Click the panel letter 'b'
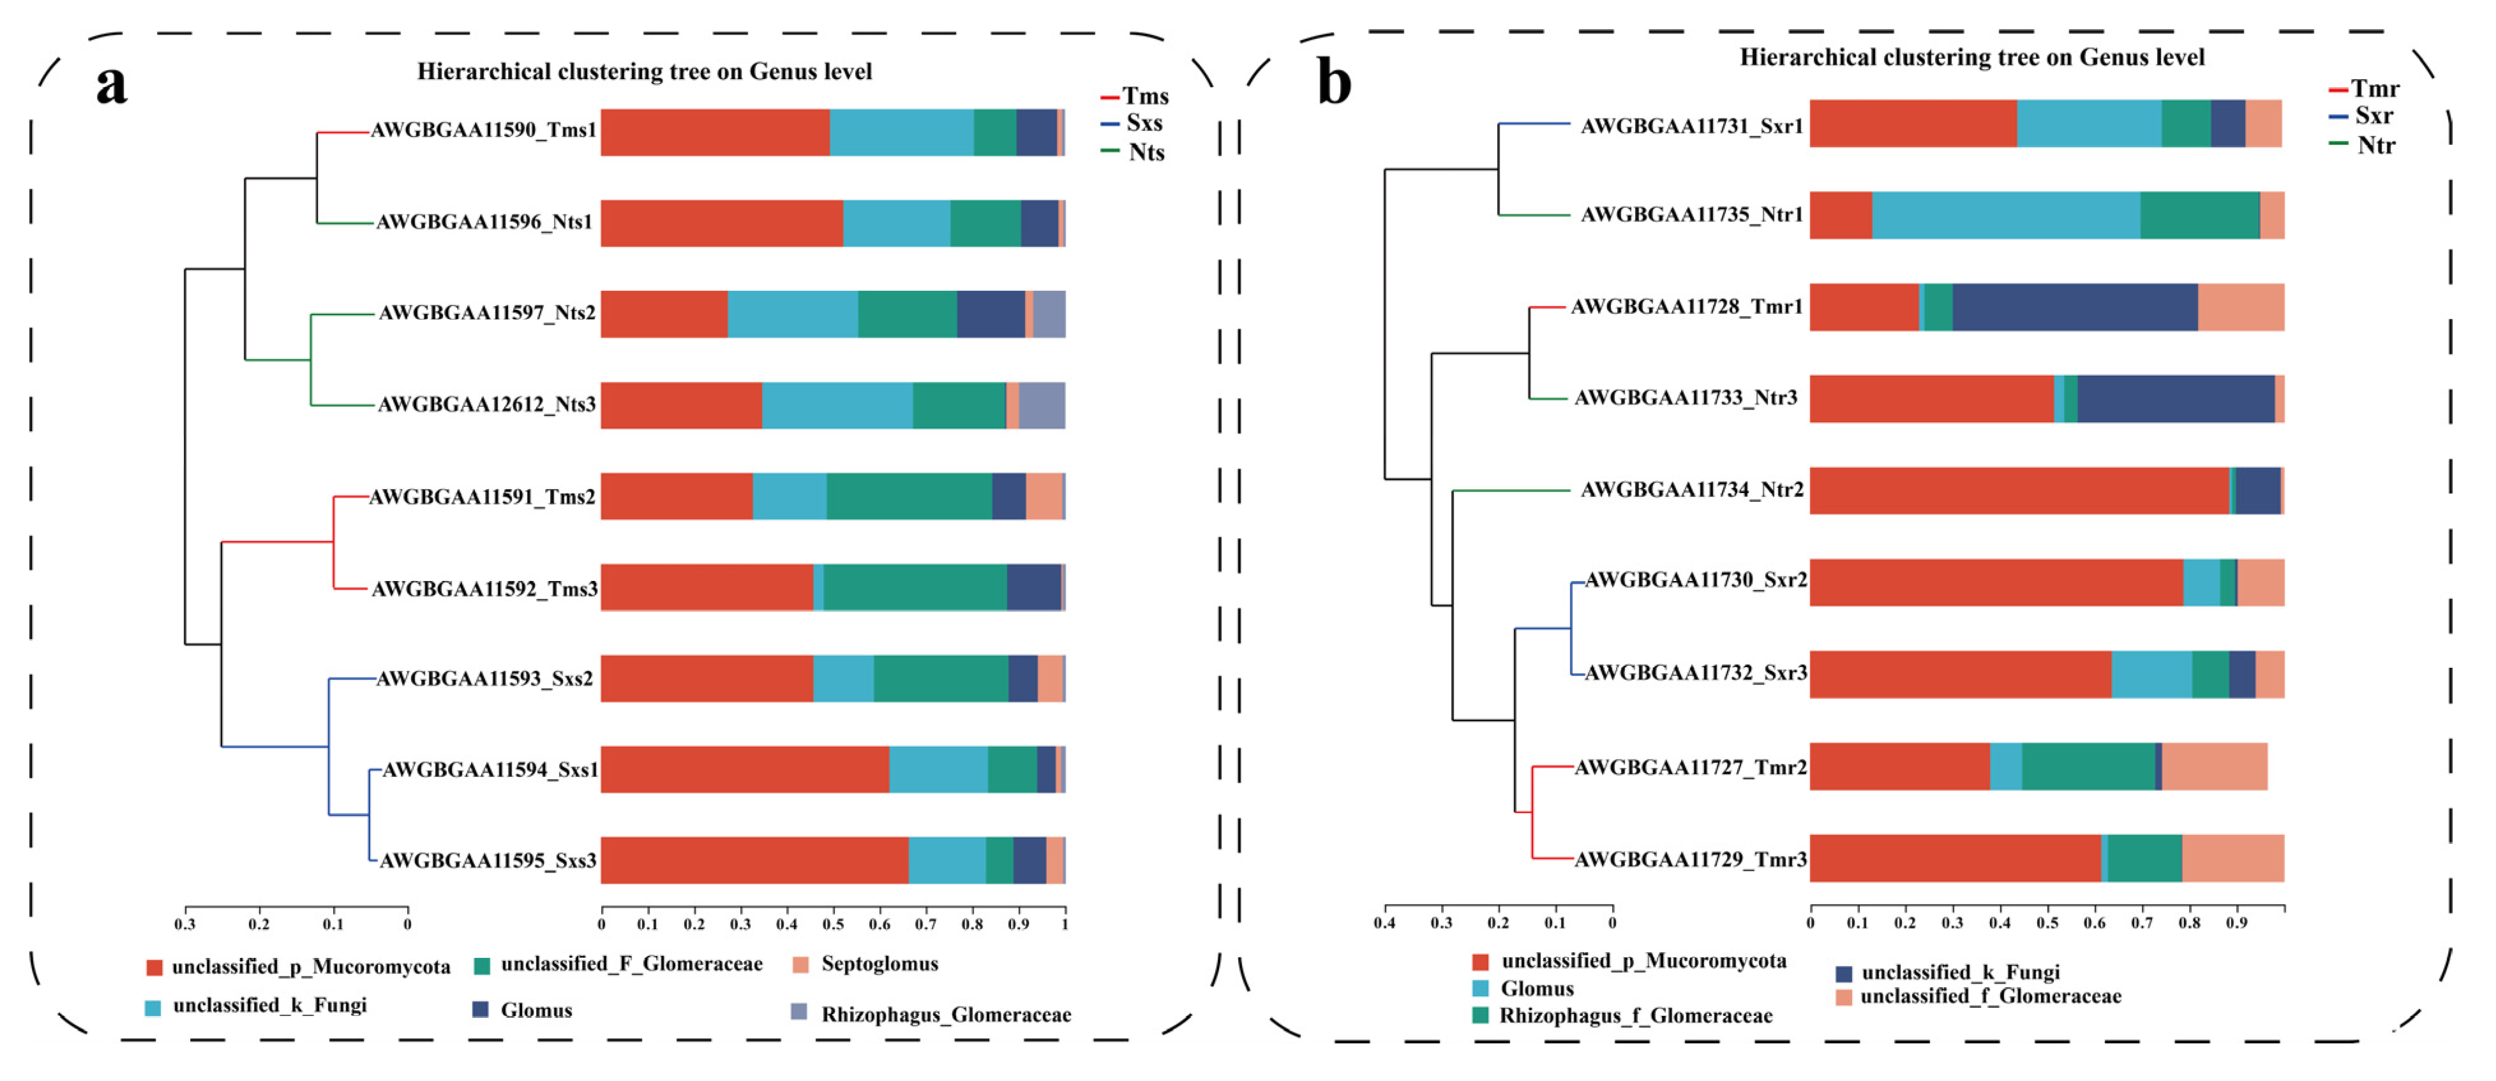[x=1334, y=84]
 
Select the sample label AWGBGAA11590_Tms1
[x=484, y=130]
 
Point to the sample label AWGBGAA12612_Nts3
[x=486, y=404]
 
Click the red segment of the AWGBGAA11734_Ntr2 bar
[x=2019, y=491]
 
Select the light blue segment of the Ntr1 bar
[x=2006, y=215]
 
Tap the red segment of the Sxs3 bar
[x=754, y=860]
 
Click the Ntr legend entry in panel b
[x=2375, y=145]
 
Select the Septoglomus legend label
[x=879, y=964]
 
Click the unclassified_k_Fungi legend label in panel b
[x=1960, y=971]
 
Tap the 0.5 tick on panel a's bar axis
[x=833, y=924]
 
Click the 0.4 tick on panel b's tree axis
[x=1385, y=923]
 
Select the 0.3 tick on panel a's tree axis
[x=185, y=924]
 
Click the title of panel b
[x=1972, y=57]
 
